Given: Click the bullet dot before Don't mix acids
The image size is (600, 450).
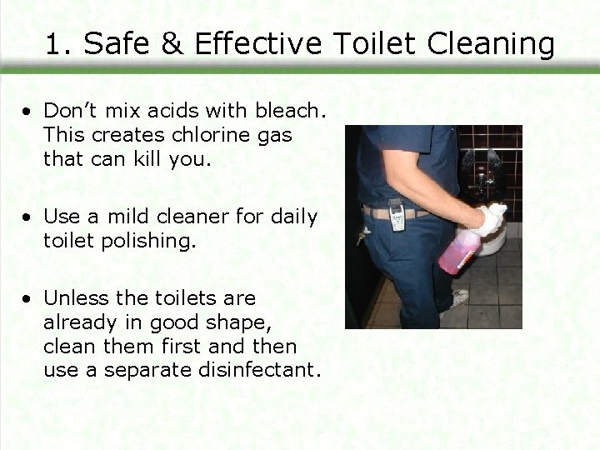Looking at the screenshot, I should tap(28, 111).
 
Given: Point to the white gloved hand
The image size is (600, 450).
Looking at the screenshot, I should tap(492, 218).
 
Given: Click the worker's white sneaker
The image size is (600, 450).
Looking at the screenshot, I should tap(458, 298).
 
